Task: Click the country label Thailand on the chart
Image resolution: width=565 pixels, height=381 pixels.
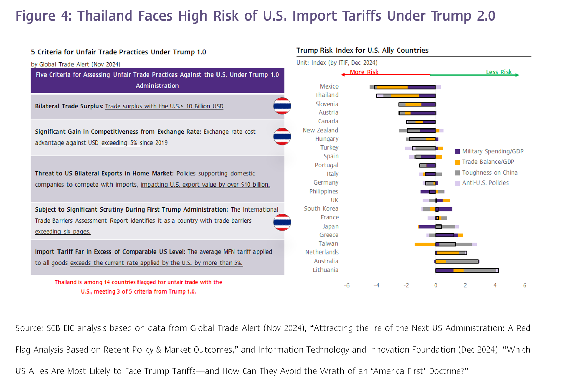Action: click(x=327, y=95)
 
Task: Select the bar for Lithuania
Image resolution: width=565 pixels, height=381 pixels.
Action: click(x=467, y=270)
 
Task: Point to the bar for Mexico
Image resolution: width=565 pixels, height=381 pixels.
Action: click(x=405, y=87)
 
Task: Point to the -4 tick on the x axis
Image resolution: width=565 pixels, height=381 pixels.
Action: click(x=376, y=285)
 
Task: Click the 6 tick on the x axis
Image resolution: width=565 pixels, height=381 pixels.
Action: click(x=525, y=285)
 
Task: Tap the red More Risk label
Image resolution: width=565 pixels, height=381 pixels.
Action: click(x=364, y=72)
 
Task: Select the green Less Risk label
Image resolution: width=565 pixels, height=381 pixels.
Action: click(x=499, y=72)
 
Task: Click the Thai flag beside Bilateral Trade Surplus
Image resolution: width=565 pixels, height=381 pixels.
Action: click(x=282, y=106)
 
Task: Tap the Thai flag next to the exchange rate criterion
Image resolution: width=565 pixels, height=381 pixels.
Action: click(x=282, y=136)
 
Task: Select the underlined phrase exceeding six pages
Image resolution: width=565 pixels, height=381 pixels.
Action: click(x=63, y=232)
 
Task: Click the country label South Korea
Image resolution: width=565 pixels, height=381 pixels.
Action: click(x=321, y=209)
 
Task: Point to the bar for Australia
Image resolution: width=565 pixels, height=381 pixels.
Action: click(x=457, y=261)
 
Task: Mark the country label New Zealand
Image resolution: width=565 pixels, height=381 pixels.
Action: click(x=320, y=130)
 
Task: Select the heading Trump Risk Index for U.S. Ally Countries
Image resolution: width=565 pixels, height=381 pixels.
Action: click(x=362, y=50)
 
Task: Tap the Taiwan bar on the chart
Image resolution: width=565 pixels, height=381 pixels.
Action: click(x=446, y=244)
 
